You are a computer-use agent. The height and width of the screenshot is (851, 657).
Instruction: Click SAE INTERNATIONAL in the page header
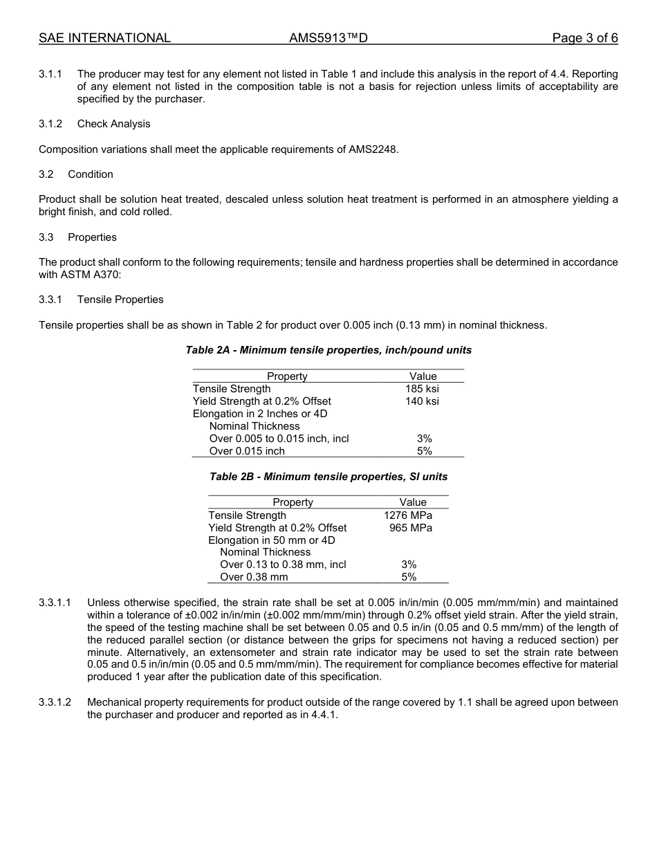tap(104, 38)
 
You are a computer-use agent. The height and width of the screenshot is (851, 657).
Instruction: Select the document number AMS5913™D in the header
tap(328, 38)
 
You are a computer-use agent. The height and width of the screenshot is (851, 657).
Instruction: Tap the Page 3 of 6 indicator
tap(584, 38)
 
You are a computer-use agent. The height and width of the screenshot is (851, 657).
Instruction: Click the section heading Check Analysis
tap(113, 124)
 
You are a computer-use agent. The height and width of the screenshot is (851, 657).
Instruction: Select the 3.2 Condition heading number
tap(46, 174)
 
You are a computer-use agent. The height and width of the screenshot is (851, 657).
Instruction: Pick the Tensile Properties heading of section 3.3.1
tap(120, 300)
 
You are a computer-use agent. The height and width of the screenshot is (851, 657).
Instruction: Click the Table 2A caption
tap(328, 350)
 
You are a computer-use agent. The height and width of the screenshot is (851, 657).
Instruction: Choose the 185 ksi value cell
tap(422, 389)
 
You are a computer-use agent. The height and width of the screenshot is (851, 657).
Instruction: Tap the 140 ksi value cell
tap(422, 401)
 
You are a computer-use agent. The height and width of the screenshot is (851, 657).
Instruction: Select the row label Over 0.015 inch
tap(247, 451)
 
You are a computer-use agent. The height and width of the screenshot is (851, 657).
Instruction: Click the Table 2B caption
tap(328, 477)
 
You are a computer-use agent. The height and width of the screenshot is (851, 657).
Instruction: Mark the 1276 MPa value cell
tap(408, 515)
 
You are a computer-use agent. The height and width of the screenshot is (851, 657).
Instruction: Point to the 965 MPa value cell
tap(411, 528)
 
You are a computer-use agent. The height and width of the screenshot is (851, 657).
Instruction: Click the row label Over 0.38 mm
tap(254, 577)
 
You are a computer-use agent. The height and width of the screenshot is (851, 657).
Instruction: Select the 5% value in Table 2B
tap(409, 577)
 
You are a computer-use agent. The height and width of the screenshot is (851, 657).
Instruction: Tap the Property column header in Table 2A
tap(287, 376)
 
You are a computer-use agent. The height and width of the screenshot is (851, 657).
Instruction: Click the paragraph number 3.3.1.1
tap(55, 603)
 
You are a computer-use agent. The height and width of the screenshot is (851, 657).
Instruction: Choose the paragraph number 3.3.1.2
tap(55, 702)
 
